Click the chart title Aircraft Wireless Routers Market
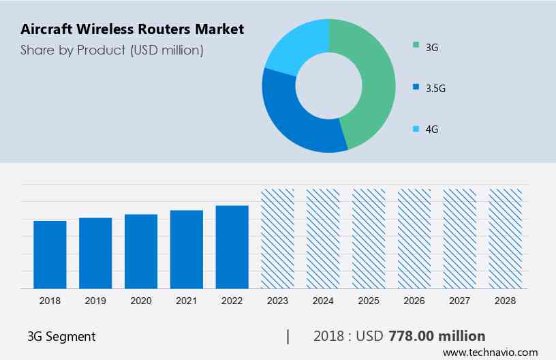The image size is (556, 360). click(x=132, y=29)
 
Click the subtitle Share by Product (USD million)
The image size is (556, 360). click(x=112, y=50)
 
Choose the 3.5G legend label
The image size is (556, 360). click(x=436, y=88)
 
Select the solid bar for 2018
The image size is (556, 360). click(x=50, y=254)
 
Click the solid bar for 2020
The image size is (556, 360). click(x=141, y=251)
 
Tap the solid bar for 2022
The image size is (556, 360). click(x=232, y=247)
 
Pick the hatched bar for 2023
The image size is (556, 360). click(x=278, y=239)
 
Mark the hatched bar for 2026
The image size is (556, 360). click(x=414, y=239)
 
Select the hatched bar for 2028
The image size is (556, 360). click(x=506, y=239)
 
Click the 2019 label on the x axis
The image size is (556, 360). click(x=95, y=301)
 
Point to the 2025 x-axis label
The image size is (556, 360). click(x=369, y=301)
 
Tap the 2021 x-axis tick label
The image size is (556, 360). click(x=187, y=301)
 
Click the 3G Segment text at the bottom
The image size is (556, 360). click(x=61, y=336)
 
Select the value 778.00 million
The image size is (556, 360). click(x=437, y=336)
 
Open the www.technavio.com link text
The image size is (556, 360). click(x=491, y=352)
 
